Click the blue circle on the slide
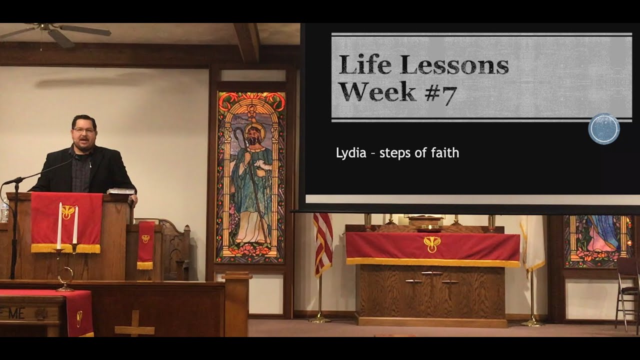tap(604, 129)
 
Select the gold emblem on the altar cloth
tap(432, 243)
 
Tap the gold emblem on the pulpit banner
tap(68, 210)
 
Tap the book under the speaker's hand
tap(120, 190)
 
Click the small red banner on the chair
tap(146, 244)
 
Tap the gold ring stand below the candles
tap(65, 278)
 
